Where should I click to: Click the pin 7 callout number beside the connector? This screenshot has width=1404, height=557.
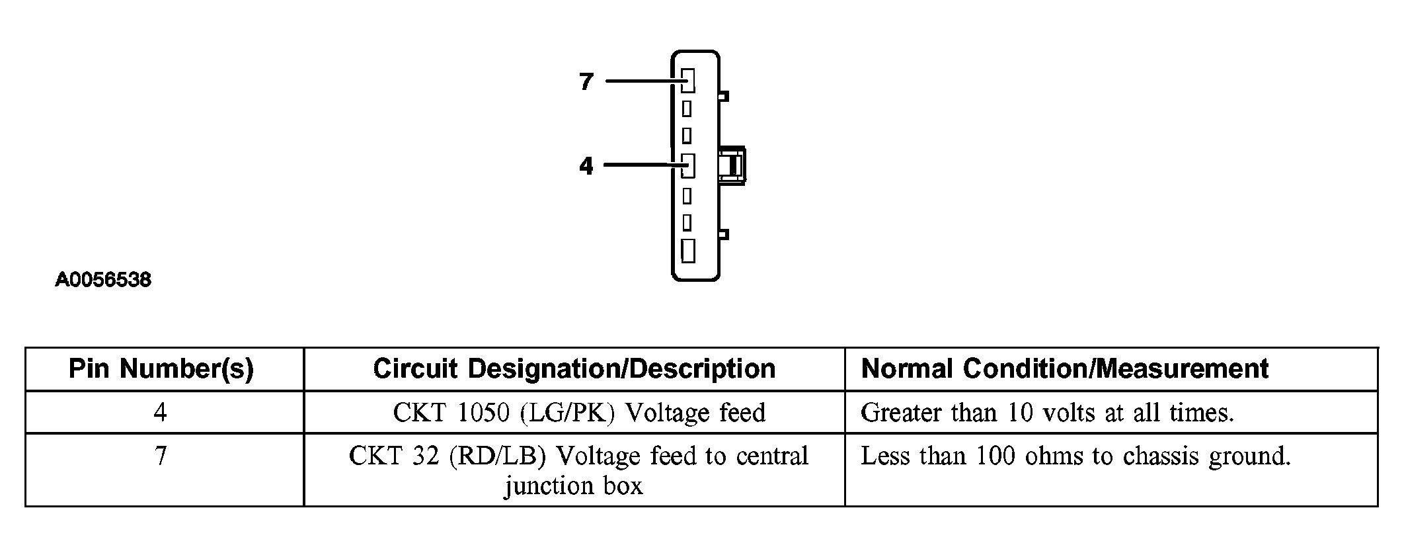coord(586,81)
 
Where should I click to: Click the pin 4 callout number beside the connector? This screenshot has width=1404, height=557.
coord(586,165)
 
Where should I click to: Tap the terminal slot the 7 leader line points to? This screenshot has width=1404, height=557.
coord(688,81)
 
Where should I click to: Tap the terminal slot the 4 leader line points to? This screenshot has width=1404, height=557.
coord(688,165)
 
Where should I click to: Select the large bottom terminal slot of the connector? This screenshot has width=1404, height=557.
coord(688,251)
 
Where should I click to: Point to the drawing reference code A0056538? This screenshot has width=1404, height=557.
coord(103,280)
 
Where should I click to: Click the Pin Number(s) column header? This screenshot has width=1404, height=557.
coord(161,368)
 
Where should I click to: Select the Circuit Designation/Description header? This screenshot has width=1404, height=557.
coord(574,368)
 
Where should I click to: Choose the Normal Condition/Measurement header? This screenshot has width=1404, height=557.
coord(1065,368)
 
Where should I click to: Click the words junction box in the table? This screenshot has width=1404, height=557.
coord(574,486)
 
